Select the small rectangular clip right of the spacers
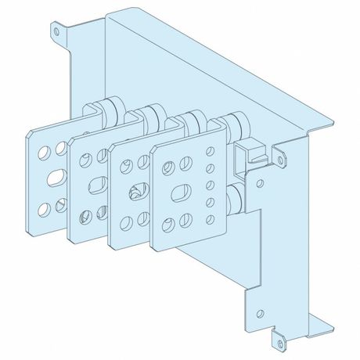[251, 152]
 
